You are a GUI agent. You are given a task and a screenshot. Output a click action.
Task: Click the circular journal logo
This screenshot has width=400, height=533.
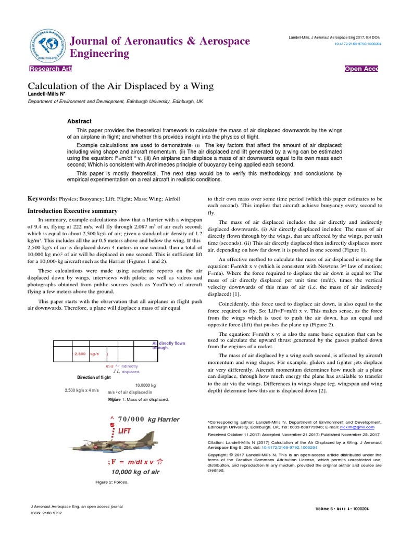coord(47,47)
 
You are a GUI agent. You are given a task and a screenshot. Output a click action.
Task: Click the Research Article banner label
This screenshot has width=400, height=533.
coord(51,69)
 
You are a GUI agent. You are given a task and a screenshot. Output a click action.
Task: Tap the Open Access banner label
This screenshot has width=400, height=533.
coord(361,69)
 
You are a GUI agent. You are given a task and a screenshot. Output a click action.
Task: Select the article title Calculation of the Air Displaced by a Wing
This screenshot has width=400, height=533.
coord(120,85)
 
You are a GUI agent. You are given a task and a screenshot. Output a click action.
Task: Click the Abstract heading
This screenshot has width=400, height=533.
coord(79,121)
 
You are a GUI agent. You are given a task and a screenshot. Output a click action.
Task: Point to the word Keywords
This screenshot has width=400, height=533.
coord(42,199)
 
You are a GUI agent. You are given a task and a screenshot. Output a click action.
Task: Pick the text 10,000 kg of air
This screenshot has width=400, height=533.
coord(135,472)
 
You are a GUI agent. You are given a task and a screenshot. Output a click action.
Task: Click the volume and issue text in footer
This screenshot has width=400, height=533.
coord(347,508)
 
